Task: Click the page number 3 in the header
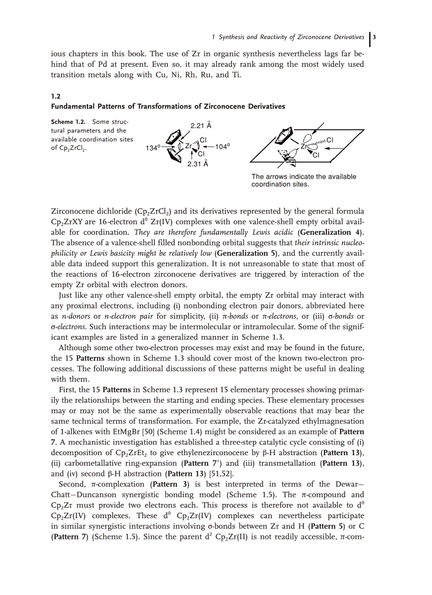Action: [x=375, y=37]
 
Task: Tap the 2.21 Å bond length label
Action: [x=201, y=126]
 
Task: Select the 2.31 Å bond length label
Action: [x=197, y=164]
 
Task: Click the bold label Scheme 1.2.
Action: [x=67, y=122]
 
